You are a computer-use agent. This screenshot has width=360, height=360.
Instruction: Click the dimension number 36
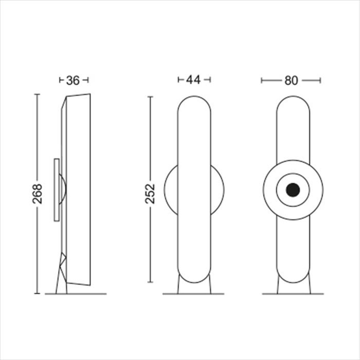point(73,80)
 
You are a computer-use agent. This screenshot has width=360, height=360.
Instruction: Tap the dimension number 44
point(193,80)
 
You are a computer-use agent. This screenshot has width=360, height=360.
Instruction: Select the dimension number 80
point(291,81)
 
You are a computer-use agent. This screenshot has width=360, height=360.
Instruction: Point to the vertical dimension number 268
point(37,194)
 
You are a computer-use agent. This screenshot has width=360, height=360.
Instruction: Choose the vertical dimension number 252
point(150,194)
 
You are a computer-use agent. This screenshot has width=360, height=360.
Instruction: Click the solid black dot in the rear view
point(293,190)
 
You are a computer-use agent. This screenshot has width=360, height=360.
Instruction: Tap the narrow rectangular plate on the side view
point(57,190)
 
